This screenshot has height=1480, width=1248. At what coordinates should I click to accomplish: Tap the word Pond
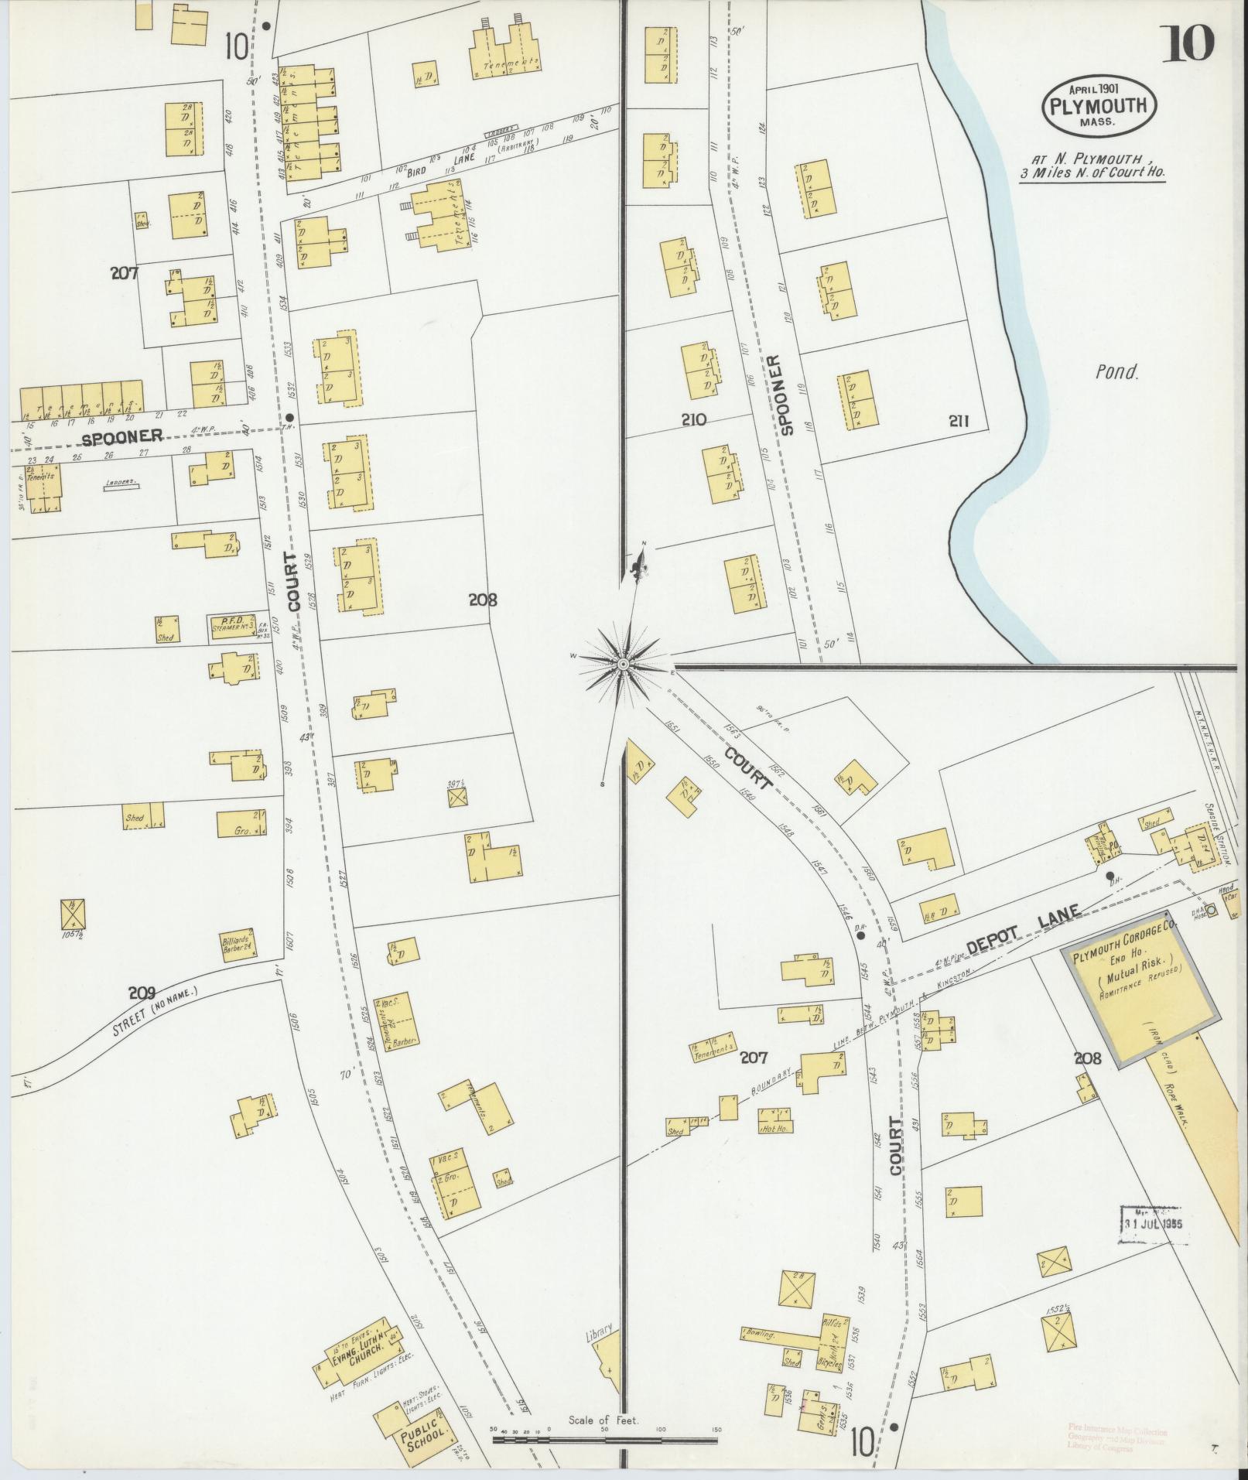[x=1117, y=372]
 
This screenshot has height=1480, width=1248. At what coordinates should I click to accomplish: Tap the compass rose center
[x=623, y=664]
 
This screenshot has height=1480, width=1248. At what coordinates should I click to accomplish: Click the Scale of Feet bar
[x=604, y=1440]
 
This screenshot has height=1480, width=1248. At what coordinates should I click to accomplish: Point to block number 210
[x=694, y=420]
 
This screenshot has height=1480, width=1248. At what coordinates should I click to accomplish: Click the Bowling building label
[x=767, y=1333]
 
